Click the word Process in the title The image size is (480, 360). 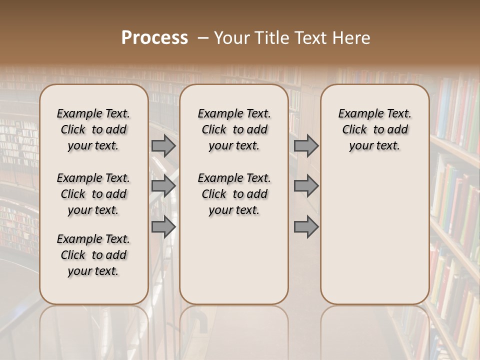tap(154, 38)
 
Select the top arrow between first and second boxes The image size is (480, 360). tap(163, 146)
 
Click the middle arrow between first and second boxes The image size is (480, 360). tap(163, 186)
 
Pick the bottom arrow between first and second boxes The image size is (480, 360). tap(163, 227)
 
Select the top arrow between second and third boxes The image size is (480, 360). tap(306, 146)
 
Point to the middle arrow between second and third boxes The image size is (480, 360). tap(306, 186)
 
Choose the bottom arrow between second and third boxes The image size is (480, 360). tap(306, 227)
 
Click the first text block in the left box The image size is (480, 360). tap(93, 129)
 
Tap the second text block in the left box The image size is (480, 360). tap(93, 194)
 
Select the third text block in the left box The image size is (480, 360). tap(93, 255)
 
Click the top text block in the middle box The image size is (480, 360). tap(234, 129)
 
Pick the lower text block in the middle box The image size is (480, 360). tap(234, 194)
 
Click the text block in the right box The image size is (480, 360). tap(374, 129)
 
